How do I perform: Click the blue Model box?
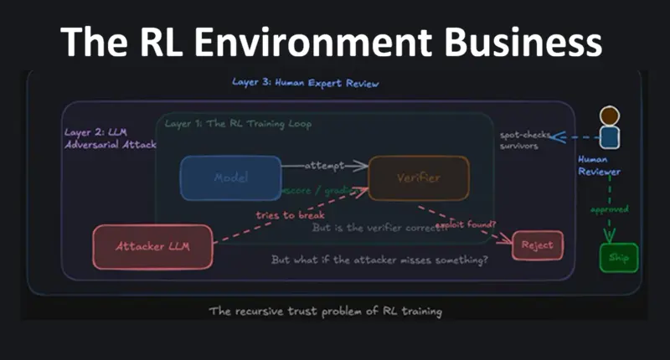click(230, 177)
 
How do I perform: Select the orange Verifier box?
click(419, 177)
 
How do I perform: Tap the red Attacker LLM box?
click(152, 247)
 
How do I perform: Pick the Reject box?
click(537, 245)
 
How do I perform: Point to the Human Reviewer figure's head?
click(610, 116)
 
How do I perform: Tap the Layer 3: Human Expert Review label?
click(306, 84)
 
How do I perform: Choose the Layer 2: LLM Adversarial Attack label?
click(109, 139)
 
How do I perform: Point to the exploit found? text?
click(466, 225)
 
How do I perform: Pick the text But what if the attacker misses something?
click(379, 260)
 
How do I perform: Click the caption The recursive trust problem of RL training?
click(325, 311)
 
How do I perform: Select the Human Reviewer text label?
click(600, 165)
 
